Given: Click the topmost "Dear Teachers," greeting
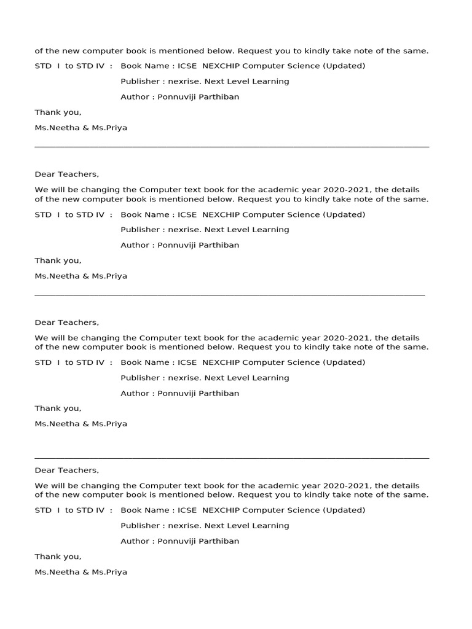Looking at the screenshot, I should (66, 174).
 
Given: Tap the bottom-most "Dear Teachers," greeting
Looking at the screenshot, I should (66, 471).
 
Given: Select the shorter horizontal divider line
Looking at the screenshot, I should (229, 295).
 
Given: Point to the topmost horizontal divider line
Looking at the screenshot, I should (232, 147).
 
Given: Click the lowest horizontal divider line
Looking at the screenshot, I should (232, 458).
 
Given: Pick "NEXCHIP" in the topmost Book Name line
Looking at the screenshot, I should (220, 66).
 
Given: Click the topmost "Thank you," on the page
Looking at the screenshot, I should (58, 112).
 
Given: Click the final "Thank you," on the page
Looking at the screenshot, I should (58, 557).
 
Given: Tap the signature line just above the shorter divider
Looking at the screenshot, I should (81, 276).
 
